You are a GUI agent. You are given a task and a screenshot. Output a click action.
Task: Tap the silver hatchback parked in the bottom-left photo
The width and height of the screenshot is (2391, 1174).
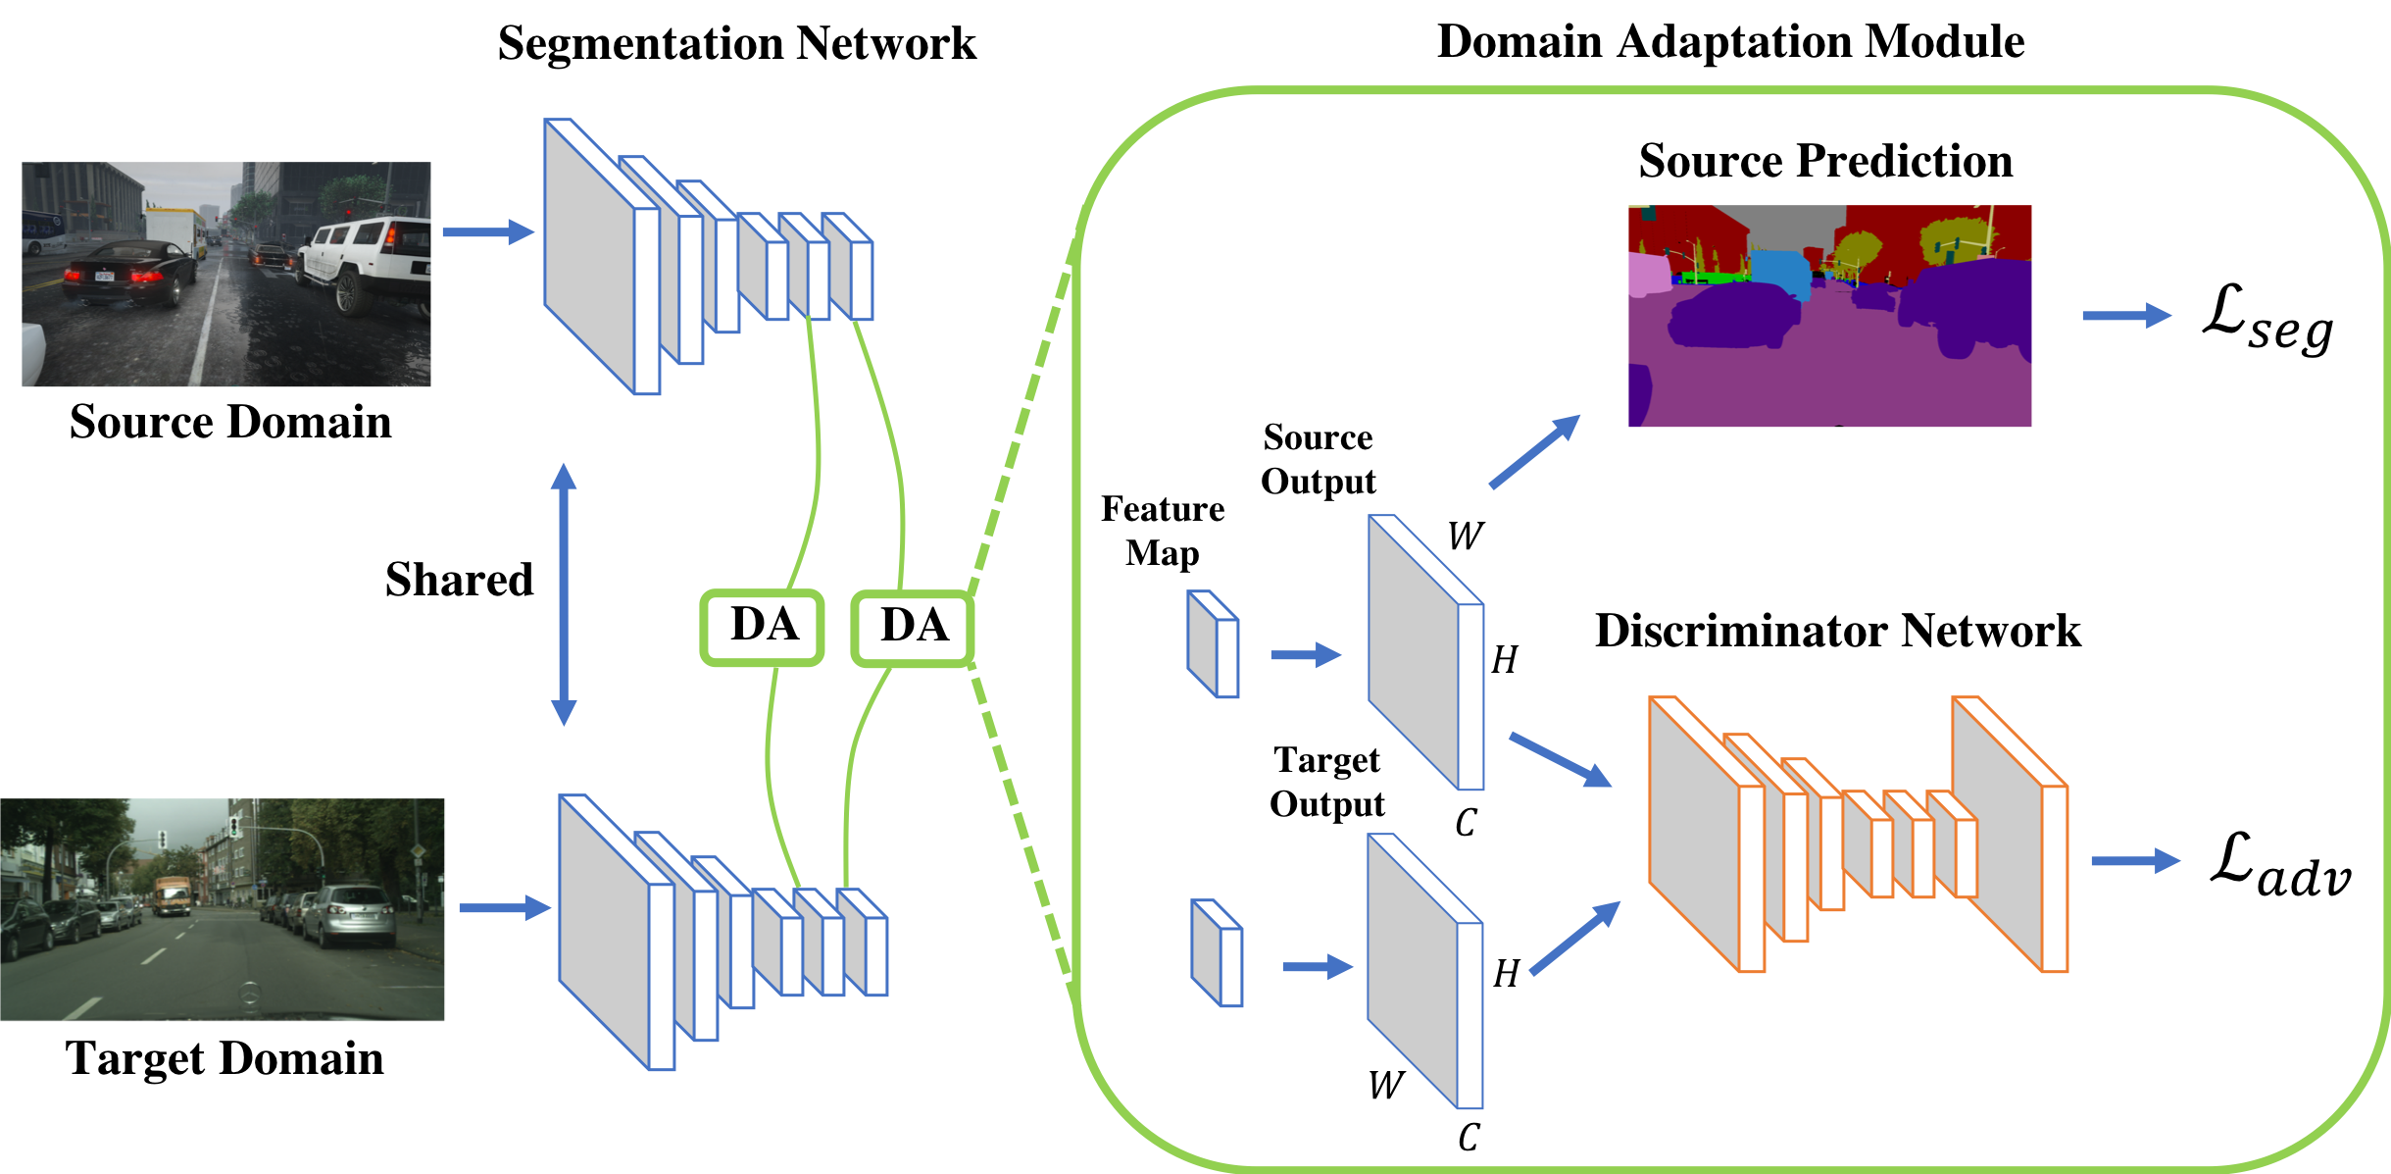click(348, 914)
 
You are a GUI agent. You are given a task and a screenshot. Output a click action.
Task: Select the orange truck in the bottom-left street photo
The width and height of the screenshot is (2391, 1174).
click(173, 894)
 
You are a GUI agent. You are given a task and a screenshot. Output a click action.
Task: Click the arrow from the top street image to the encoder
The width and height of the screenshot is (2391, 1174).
click(487, 232)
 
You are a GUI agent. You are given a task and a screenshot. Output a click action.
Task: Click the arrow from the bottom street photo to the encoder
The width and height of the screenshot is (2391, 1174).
click(504, 908)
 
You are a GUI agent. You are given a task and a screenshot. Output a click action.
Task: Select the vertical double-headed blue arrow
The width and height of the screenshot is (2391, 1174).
click(564, 594)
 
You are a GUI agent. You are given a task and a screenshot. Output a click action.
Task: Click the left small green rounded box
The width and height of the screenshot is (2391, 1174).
click(762, 628)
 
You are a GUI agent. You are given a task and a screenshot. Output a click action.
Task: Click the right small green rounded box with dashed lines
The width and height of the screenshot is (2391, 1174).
click(912, 629)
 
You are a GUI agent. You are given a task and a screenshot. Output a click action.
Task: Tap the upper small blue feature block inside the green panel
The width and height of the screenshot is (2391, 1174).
click(1213, 644)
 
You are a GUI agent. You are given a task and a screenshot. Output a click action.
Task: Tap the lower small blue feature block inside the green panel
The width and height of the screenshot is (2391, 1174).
click(1217, 953)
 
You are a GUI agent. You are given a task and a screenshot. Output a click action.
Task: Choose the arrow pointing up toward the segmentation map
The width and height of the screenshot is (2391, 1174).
click(1534, 451)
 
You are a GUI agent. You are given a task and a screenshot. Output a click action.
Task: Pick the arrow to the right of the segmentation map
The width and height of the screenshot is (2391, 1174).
click(2126, 316)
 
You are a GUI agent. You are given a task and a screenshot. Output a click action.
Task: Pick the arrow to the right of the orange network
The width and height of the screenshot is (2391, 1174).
click(2135, 861)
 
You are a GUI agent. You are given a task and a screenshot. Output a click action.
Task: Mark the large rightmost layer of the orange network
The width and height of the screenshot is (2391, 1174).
click(2010, 834)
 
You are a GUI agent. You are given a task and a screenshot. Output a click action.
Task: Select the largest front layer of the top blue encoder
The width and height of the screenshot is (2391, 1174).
click(600, 257)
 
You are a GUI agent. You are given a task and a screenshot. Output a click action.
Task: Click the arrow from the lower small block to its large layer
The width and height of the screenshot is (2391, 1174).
click(1317, 967)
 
